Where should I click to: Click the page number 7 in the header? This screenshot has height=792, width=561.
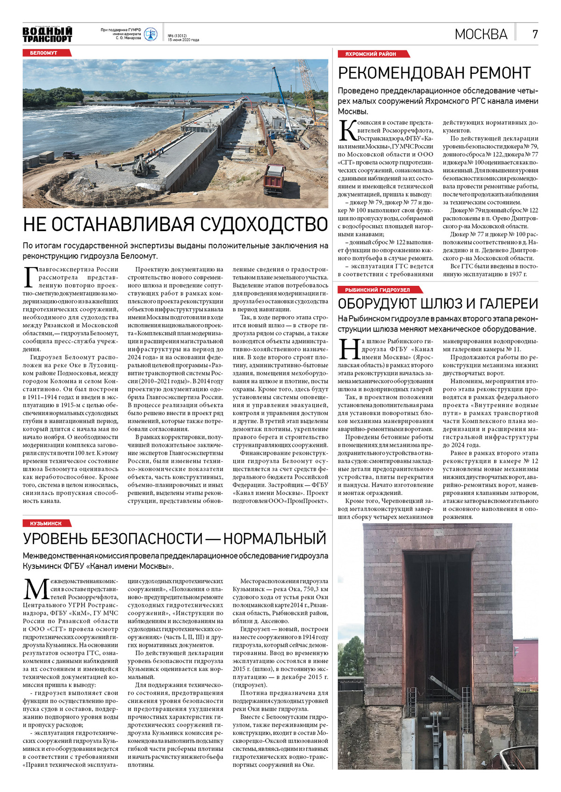[535, 34]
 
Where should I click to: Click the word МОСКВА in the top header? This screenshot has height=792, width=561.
[481, 34]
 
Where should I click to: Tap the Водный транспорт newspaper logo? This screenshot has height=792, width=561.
[47, 35]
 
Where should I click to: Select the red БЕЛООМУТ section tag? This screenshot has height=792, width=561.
[43, 53]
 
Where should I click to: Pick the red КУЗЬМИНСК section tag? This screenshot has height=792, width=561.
[46, 523]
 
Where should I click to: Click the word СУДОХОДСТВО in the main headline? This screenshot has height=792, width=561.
[264, 225]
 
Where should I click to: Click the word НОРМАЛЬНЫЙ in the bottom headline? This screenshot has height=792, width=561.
[274, 538]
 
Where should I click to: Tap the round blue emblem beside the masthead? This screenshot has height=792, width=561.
[151, 34]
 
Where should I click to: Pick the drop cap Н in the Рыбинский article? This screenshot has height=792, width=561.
[349, 349]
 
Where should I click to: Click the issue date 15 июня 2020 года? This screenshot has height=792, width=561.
[183, 40]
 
